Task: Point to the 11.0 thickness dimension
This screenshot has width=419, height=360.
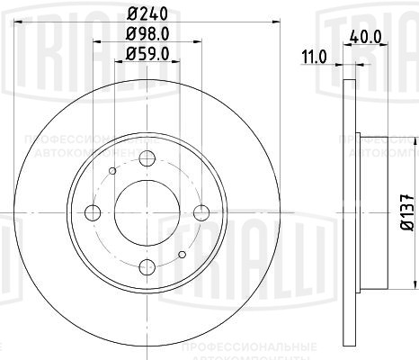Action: [x=314, y=58]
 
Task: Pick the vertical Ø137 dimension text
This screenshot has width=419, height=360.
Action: [x=405, y=212]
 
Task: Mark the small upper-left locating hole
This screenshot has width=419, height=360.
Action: [x=111, y=170]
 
